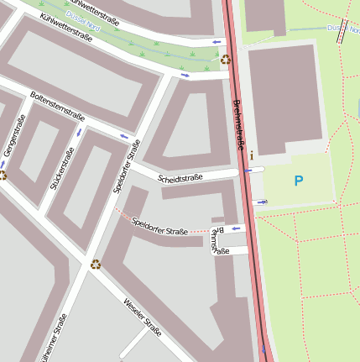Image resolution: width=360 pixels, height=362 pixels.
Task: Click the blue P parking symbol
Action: coord(298,181)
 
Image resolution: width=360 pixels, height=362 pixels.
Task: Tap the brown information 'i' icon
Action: coord(251,155)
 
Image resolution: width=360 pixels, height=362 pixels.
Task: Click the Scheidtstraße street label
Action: coord(180,177)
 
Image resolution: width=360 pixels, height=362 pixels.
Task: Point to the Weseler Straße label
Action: coord(141,317)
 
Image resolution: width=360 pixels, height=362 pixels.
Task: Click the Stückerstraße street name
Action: coord(62,168)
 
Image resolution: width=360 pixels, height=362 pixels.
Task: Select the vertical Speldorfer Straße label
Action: coord(127,167)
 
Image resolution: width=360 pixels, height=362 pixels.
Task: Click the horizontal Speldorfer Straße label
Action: coord(159,226)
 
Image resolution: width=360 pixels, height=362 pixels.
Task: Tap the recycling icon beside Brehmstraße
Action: coord(225,60)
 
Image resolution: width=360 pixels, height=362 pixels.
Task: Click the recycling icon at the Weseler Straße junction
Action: coord(96,264)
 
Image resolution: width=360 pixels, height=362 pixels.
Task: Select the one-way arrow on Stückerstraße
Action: coord(79,133)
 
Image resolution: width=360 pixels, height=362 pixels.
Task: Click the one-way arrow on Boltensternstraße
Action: coord(124,136)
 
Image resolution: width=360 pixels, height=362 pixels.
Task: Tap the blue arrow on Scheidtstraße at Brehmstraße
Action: coord(248,172)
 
